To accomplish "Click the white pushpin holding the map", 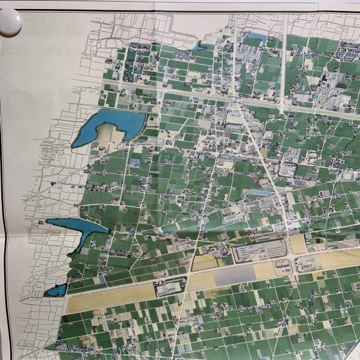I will click(x=10, y=22).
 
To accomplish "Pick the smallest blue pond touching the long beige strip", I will click(x=55, y=291).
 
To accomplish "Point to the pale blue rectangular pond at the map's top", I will click(x=256, y=39).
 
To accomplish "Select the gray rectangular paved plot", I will click(x=234, y=275).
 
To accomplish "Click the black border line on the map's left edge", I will click(x=2, y=180).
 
